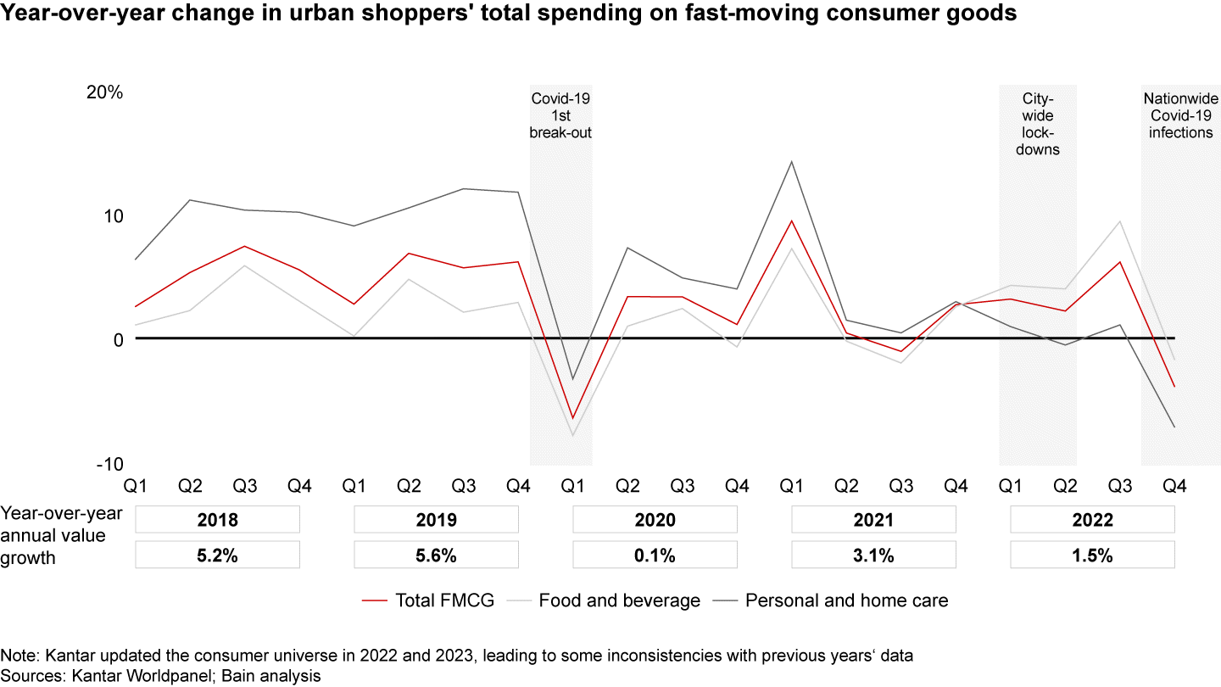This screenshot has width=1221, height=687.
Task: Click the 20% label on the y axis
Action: (x=105, y=92)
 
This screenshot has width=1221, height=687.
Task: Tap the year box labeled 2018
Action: (x=217, y=520)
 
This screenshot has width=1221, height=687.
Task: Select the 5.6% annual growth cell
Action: (x=436, y=556)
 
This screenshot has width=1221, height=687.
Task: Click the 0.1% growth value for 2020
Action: (x=655, y=556)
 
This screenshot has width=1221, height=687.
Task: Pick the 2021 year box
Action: (x=873, y=520)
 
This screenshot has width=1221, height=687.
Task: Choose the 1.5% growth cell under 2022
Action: (x=1092, y=556)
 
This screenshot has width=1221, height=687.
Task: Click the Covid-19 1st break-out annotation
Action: (x=560, y=115)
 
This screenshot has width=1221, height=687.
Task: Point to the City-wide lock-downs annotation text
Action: (x=1038, y=124)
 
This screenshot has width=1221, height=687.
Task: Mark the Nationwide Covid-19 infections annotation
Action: (x=1179, y=115)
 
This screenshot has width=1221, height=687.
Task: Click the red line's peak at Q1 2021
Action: (x=791, y=221)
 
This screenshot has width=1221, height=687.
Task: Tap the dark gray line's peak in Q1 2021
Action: (x=791, y=161)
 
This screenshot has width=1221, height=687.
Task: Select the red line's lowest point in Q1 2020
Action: (x=572, y=418)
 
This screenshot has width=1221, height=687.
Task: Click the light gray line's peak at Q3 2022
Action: (x=1120, y=221)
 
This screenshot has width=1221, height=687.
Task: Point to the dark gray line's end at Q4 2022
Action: (x=1174, y=427)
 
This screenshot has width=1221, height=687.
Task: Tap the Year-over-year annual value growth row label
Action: (x=62, y=535)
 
